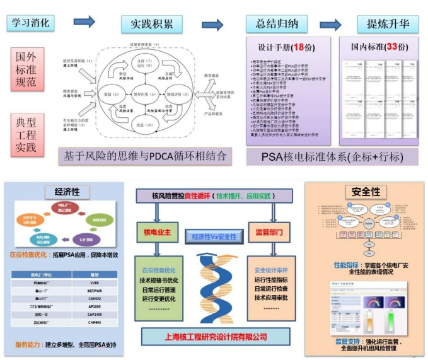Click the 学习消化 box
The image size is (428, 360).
31,23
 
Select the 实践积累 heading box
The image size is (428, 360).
152,25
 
